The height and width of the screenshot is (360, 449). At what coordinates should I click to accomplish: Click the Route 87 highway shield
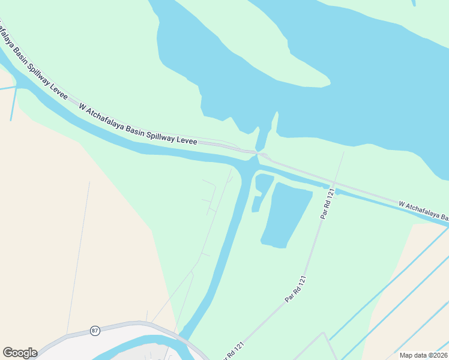point(95,331)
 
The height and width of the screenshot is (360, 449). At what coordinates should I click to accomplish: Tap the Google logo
point(20,353)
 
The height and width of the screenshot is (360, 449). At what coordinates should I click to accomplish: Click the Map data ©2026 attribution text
point(423,355)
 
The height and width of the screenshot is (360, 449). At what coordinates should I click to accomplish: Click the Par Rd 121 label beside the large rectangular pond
point(326,205)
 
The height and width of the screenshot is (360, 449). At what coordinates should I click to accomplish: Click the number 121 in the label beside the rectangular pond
point(329,197)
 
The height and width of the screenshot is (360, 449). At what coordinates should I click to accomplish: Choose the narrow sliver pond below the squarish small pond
point(256,204)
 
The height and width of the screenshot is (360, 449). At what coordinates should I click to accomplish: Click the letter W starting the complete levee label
point(82,106)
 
